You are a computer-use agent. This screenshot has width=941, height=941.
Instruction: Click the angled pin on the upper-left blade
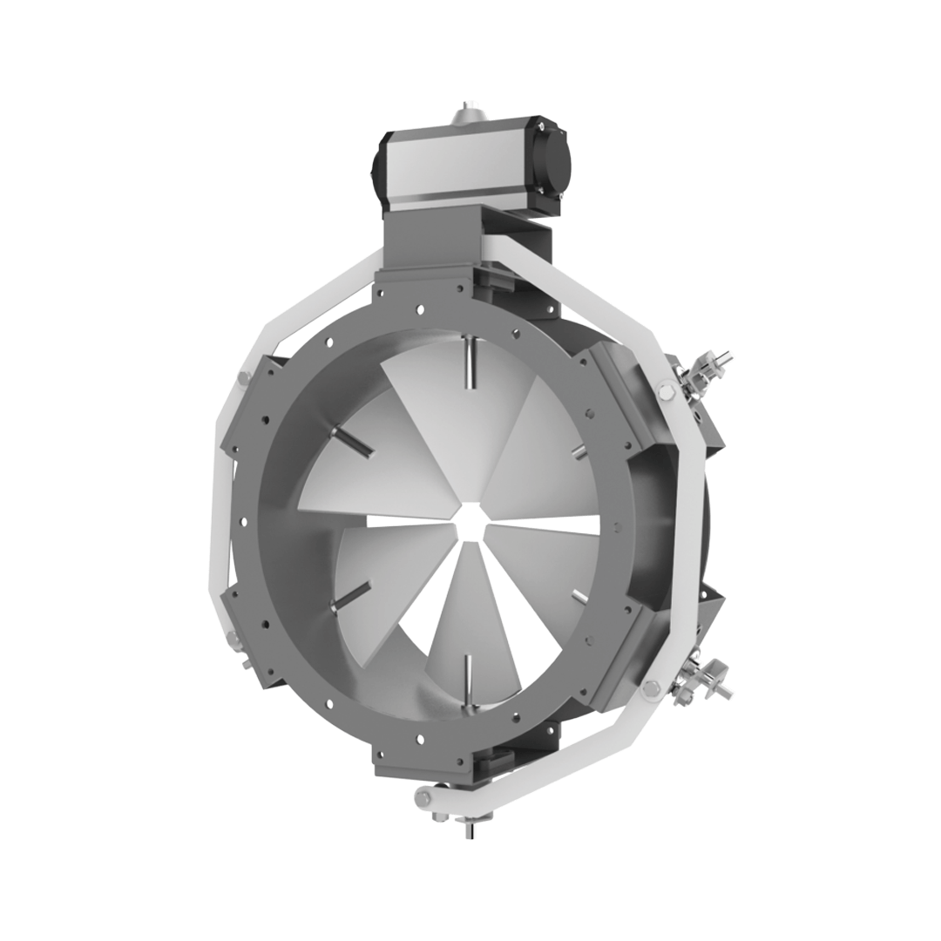coord(353,441)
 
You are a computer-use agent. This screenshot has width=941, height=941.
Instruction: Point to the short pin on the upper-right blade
coord(578,449)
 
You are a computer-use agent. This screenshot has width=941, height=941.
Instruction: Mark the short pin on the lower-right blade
coord(578,594)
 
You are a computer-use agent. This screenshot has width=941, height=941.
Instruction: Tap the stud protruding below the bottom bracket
coord(470,828)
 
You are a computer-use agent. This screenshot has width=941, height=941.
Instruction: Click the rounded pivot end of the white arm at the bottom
coord(425,795)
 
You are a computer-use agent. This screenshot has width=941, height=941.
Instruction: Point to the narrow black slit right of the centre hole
coord(540,522)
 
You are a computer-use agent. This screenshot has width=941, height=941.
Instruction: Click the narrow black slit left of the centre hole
coord(410,521)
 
